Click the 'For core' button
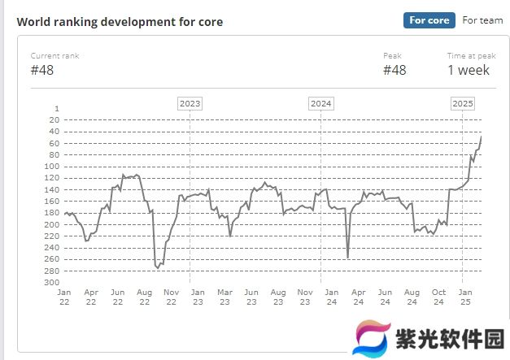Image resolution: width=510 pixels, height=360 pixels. (x=429, y=20)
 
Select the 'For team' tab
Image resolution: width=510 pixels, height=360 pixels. (x=482, y=20)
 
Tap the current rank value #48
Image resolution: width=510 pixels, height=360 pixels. (x=42, y=70)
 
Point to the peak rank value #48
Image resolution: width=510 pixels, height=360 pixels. (x=394, y=70)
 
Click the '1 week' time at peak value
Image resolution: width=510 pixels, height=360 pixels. (x=469, y=70)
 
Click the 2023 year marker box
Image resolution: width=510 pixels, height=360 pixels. (x=190, y=103)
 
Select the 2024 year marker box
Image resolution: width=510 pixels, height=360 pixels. (x=321, y=103)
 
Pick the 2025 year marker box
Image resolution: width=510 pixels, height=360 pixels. (x=463, y=103)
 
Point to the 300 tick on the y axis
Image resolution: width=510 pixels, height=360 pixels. (x=51, y=282)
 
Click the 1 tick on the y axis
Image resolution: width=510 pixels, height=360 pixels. (x=56, y=108)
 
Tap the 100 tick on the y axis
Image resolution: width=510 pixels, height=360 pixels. (x=51, y=166)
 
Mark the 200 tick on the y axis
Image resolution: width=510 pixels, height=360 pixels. (x=51, y=224)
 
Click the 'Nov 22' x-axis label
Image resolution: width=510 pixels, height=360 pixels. (x=171, y=297)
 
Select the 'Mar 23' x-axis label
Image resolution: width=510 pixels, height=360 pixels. (x=224, y=297)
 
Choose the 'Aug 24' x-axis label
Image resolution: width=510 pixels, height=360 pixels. (x=412, y=297)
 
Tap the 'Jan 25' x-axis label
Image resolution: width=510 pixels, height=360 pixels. (x=465, y=297)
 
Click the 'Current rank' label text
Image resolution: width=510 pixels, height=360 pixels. (x=54, y=55)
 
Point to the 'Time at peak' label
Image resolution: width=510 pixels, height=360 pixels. (x=471, y=55)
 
